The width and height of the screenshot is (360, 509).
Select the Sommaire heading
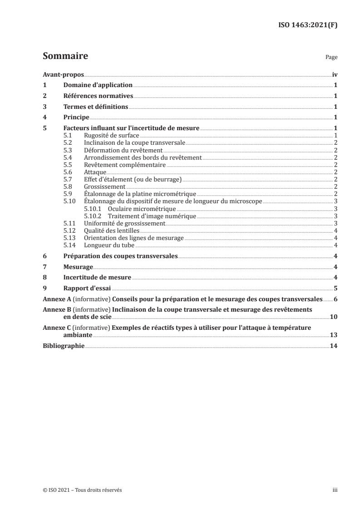pos(65,57)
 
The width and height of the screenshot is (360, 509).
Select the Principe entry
pos(76,117)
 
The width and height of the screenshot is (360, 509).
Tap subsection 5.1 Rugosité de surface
pos(111,136)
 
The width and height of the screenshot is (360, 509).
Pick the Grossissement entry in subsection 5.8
pos(104,187)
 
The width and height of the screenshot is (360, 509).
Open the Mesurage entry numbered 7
pos(78,267)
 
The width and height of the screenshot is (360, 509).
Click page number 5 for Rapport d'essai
pos(335,289)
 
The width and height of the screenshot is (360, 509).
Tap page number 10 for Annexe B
pos(333,317)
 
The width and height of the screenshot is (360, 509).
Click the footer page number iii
pos(335,490)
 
